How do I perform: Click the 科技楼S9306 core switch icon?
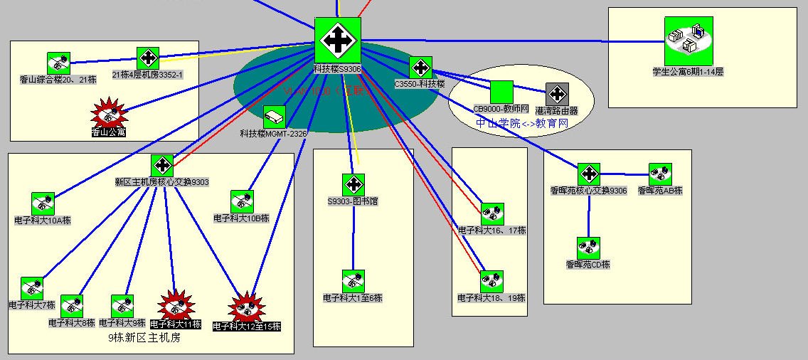pyautogui.click(x=338, y=41)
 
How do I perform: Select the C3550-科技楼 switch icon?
pyautogui.click(x=420, y=68)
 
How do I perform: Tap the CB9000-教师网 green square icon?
pyautogui.click(x=501, y=92)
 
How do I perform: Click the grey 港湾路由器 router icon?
pyautogui.click(x=557, y=94)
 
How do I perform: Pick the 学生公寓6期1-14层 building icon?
pyautogui.click(x=689, y=41)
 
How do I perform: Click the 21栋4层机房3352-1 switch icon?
pyautogui.click(x=148, y=58)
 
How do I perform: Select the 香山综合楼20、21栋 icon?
pyautogui.click(x=58, y=63)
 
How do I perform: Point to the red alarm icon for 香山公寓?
pyautogui.click(x=109, y=113)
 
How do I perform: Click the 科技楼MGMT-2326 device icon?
pyautogui.click(x=275, y=117)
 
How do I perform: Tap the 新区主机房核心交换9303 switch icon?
pyautogui.click(x=162, y=166)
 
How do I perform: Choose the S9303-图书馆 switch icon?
pyautogui.click(x=353, y=185)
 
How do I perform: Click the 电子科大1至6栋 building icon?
pyautogui.click(x=353, y=281)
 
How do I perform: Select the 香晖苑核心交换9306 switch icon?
pyautogui.click(x=588, y=174)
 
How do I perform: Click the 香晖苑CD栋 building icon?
pyautogui.click(x=588, y=248)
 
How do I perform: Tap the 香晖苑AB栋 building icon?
pyautogui.click(x=660, y=174)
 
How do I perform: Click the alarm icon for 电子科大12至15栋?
pyautogui.click(x=247, y=307)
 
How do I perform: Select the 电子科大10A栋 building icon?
pyautogui.click(x=43, y=203)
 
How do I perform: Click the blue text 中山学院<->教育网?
pyautogui.click(x=521, y=123)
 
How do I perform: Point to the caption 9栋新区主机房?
pyautogui.click(x=144, y=338)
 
